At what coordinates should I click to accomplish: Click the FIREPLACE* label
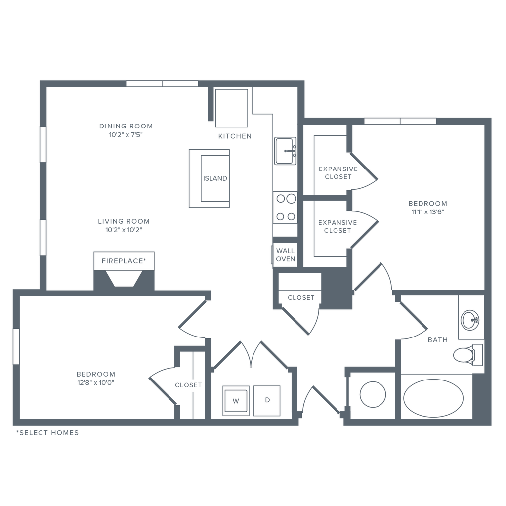124,261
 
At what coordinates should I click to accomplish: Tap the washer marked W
236,401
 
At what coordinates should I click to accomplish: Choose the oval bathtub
433,396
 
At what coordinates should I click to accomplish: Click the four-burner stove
286,208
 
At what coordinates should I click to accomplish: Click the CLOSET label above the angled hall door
301,298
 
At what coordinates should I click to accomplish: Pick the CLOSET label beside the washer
188,385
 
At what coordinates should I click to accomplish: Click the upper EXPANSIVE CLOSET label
338,172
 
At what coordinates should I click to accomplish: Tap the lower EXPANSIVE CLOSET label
338,227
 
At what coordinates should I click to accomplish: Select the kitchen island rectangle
210,178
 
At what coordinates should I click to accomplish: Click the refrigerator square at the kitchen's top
231,108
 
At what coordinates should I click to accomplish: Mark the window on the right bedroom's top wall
400,121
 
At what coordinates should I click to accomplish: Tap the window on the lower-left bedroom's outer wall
16,346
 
